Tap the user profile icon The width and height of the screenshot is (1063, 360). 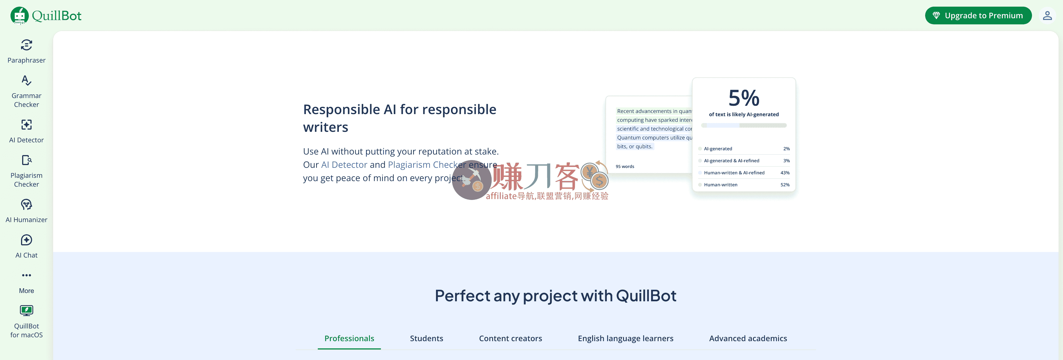[1047, 16]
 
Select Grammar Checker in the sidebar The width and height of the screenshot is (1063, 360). [26, 91]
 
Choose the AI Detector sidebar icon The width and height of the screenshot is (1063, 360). [26, 125]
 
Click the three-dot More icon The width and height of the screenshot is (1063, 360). [26, 275]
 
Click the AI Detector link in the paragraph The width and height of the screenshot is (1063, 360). [344, 165]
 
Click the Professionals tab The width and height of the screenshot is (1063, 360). [349, 338]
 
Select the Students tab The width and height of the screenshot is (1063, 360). [426, 338]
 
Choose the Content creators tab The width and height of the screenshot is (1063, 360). [510, 338]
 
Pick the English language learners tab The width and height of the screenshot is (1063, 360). [625, 338]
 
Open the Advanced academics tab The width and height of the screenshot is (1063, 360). [748, 338]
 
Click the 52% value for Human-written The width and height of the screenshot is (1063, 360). [785, 185]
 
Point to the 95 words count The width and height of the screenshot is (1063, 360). [625, 167]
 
